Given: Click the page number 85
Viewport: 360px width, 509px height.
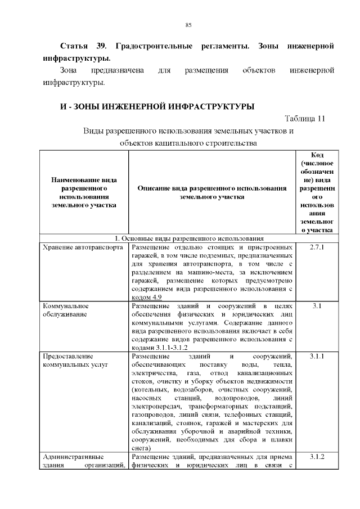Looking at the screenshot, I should (188, 25).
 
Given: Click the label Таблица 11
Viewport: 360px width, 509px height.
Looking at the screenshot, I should (305, 119).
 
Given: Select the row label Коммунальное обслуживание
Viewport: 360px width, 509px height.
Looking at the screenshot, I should (66, 310).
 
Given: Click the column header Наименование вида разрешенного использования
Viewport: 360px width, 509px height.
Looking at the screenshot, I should (84, 192).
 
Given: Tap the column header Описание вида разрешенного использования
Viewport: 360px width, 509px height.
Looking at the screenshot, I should (213, 192).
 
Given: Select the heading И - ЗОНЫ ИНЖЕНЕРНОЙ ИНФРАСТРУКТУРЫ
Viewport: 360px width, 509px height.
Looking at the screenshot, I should (157, 106).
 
